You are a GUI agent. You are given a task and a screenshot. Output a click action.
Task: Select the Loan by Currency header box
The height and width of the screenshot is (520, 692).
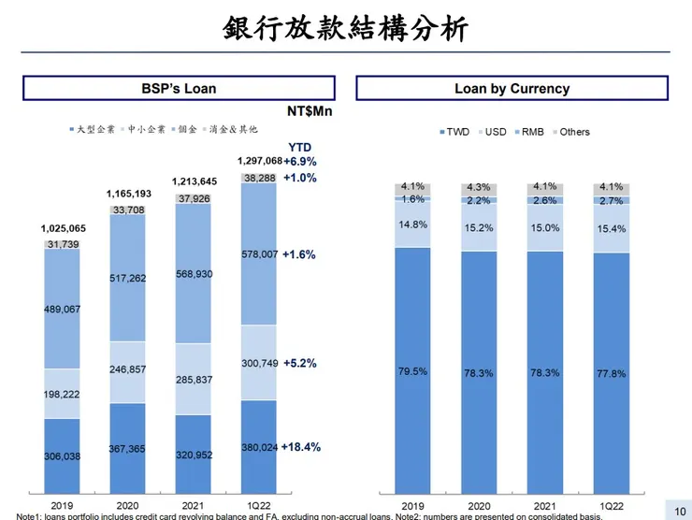512,89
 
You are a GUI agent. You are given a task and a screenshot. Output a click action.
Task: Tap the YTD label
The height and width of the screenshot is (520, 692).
300,147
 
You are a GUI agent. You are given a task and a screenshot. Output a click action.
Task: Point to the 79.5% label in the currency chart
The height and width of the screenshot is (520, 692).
412,370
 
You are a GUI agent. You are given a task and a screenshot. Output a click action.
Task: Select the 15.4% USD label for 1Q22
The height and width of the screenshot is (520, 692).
611,228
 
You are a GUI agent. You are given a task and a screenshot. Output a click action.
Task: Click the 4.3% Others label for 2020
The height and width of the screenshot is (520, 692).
478,187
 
